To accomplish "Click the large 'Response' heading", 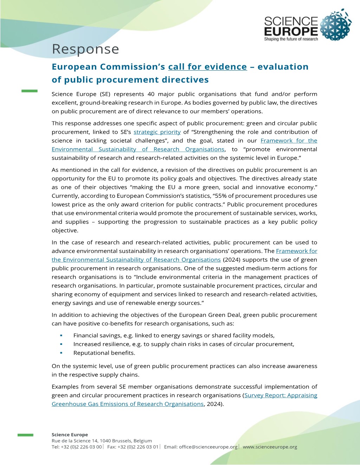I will (85, 49).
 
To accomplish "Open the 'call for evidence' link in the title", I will (207, 67).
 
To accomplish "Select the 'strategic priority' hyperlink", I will (157, 132).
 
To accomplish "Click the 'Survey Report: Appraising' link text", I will (281, 395).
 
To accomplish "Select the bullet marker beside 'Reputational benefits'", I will (61, 353).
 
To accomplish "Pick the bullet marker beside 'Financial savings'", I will (61, 335).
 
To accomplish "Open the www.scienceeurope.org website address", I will (270, 447).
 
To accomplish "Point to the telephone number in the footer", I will (81, 447).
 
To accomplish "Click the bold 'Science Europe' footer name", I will (70, 434).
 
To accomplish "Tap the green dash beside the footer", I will (25, 435).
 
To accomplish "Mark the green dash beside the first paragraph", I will (30, 91).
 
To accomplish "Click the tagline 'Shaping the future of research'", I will (291, 39).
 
